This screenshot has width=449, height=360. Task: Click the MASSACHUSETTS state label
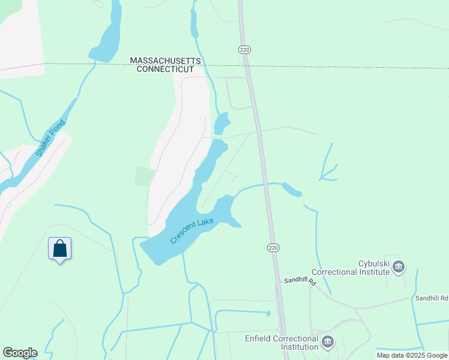tap(165, 61)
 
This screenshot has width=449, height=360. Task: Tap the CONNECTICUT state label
tap(165, 70)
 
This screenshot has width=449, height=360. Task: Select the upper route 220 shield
tap(244, 49)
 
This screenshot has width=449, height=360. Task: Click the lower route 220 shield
tap(273, 247)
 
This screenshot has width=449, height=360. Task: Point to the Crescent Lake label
tap(192, 230)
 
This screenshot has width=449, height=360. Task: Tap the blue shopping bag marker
tap(60, 248)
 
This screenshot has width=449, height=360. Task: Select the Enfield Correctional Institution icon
tap(327, 343)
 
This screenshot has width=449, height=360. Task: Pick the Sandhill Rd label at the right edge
tap(431, 298)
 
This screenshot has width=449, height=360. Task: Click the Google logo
tap(20, 352)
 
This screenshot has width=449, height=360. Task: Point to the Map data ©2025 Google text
tap(412, 355)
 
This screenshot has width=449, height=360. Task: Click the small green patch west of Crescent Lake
tap(145, 176)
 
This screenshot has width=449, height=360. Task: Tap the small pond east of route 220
tap(292, 190)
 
